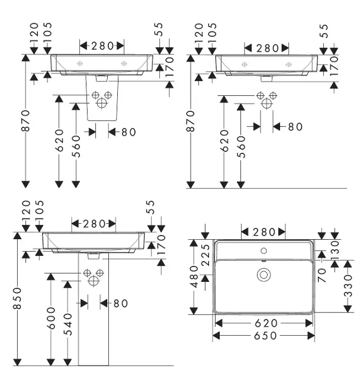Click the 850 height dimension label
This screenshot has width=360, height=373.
pos(18,301)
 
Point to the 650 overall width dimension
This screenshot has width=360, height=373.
pos(263,335)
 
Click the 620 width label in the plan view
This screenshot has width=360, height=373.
pos(263,323)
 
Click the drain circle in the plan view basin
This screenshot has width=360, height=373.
pos(263,275)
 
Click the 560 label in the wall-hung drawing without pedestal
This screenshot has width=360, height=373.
pos(240,146)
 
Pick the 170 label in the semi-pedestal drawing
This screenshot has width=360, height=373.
pos(169,67)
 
